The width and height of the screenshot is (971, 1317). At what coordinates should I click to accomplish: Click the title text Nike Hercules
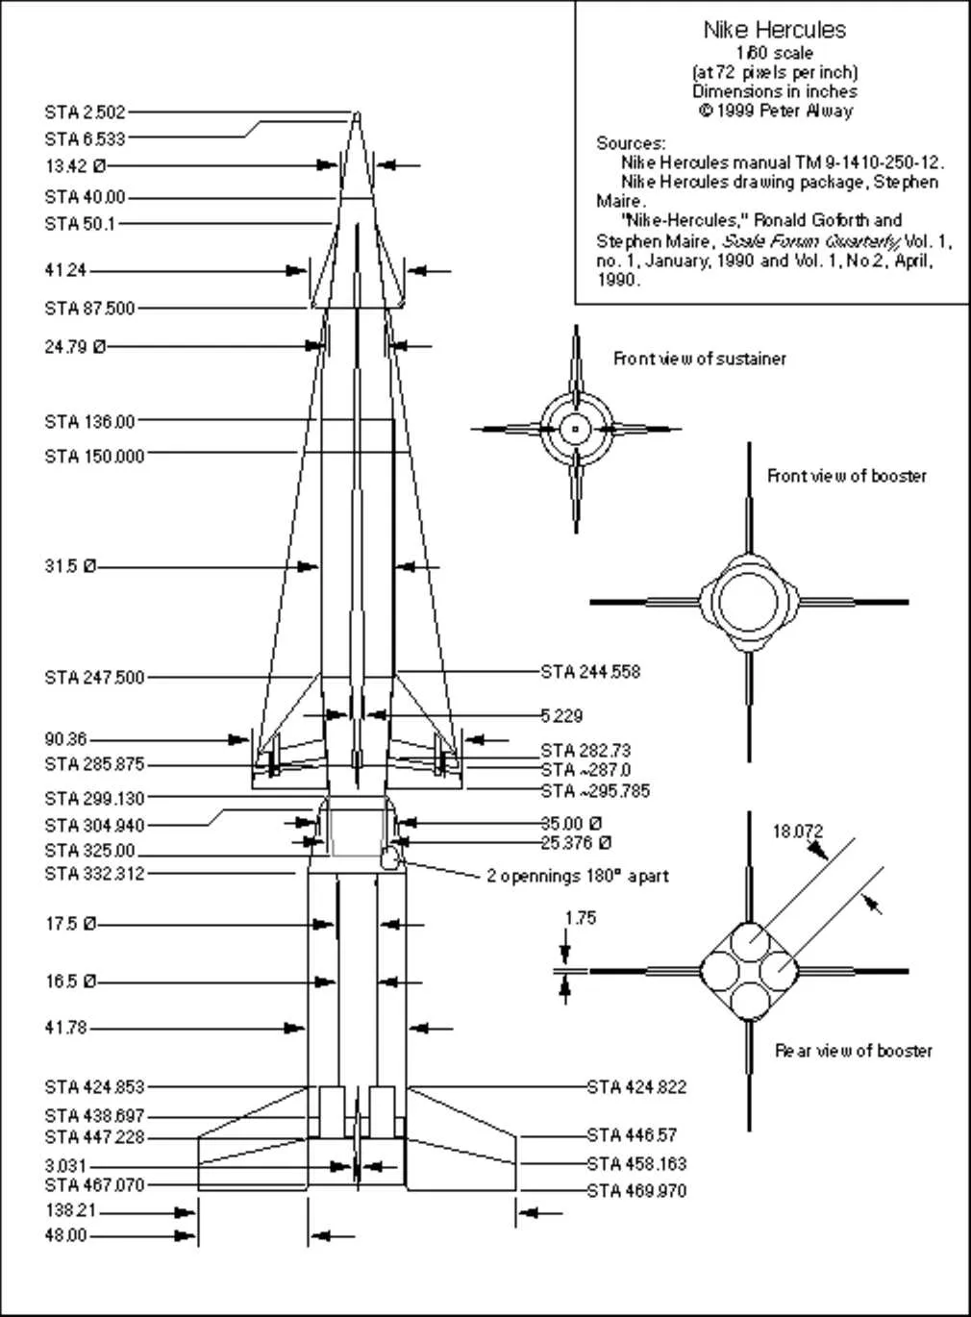pos(774,30)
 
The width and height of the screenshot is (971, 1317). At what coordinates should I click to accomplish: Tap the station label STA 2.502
pos(85,112)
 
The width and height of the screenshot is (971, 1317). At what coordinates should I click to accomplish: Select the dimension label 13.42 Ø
pos(75,166)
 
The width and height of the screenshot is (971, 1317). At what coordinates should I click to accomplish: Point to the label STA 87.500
pos(89,309)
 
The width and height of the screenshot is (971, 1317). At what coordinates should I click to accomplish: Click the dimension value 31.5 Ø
pos(70,567)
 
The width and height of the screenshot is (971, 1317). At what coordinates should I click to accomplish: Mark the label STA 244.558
pos(590,672)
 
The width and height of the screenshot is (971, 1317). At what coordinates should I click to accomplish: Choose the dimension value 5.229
pos(561,716)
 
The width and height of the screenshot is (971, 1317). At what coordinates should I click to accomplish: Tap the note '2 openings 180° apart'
pos(578,877)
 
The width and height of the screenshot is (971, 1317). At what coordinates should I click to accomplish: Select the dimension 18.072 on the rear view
pos(798,832)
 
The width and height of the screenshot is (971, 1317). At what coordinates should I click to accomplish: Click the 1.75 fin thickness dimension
pos(580,918)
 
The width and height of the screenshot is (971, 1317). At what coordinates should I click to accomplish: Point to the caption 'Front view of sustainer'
pos(700,359)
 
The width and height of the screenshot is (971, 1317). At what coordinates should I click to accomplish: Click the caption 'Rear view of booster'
pos(854,1051)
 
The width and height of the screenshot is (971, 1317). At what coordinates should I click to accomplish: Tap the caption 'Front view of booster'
pos(847,476)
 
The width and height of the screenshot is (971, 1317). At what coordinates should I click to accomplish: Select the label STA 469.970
pos(636,1191)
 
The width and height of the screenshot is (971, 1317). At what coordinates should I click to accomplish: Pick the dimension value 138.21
pos(71,1212)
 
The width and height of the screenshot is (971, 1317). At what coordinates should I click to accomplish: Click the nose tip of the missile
pos(357,114)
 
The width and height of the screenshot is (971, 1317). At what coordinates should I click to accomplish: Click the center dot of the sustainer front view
pos(576,429)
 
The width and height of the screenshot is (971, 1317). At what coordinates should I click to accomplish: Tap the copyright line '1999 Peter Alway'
pos(775,110)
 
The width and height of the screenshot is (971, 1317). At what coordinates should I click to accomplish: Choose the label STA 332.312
pos(94,874)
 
